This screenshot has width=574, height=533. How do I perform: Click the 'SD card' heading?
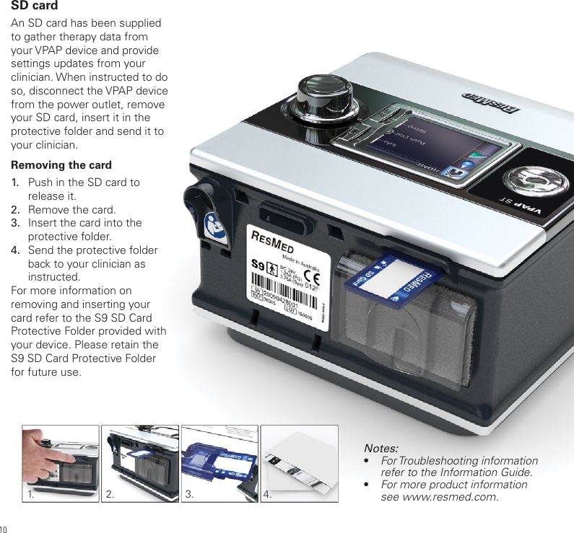pyautogui.click(x=35, y=6)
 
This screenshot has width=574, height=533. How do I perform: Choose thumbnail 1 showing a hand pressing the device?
pyautogui.click(x=61, y=463)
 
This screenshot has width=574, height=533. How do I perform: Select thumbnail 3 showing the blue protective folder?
pyautogui.click(x=219, y=463)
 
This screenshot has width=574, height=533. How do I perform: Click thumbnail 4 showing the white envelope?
pyautogui.click(x=299, y=463)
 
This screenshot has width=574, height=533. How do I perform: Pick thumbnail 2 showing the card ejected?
pyautogui.click(x=140, y=463)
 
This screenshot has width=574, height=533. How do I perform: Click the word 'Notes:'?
pyautogui.click(x=381, y=448)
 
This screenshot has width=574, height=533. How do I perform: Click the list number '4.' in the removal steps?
pyautogui.click(x=15, y=250)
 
